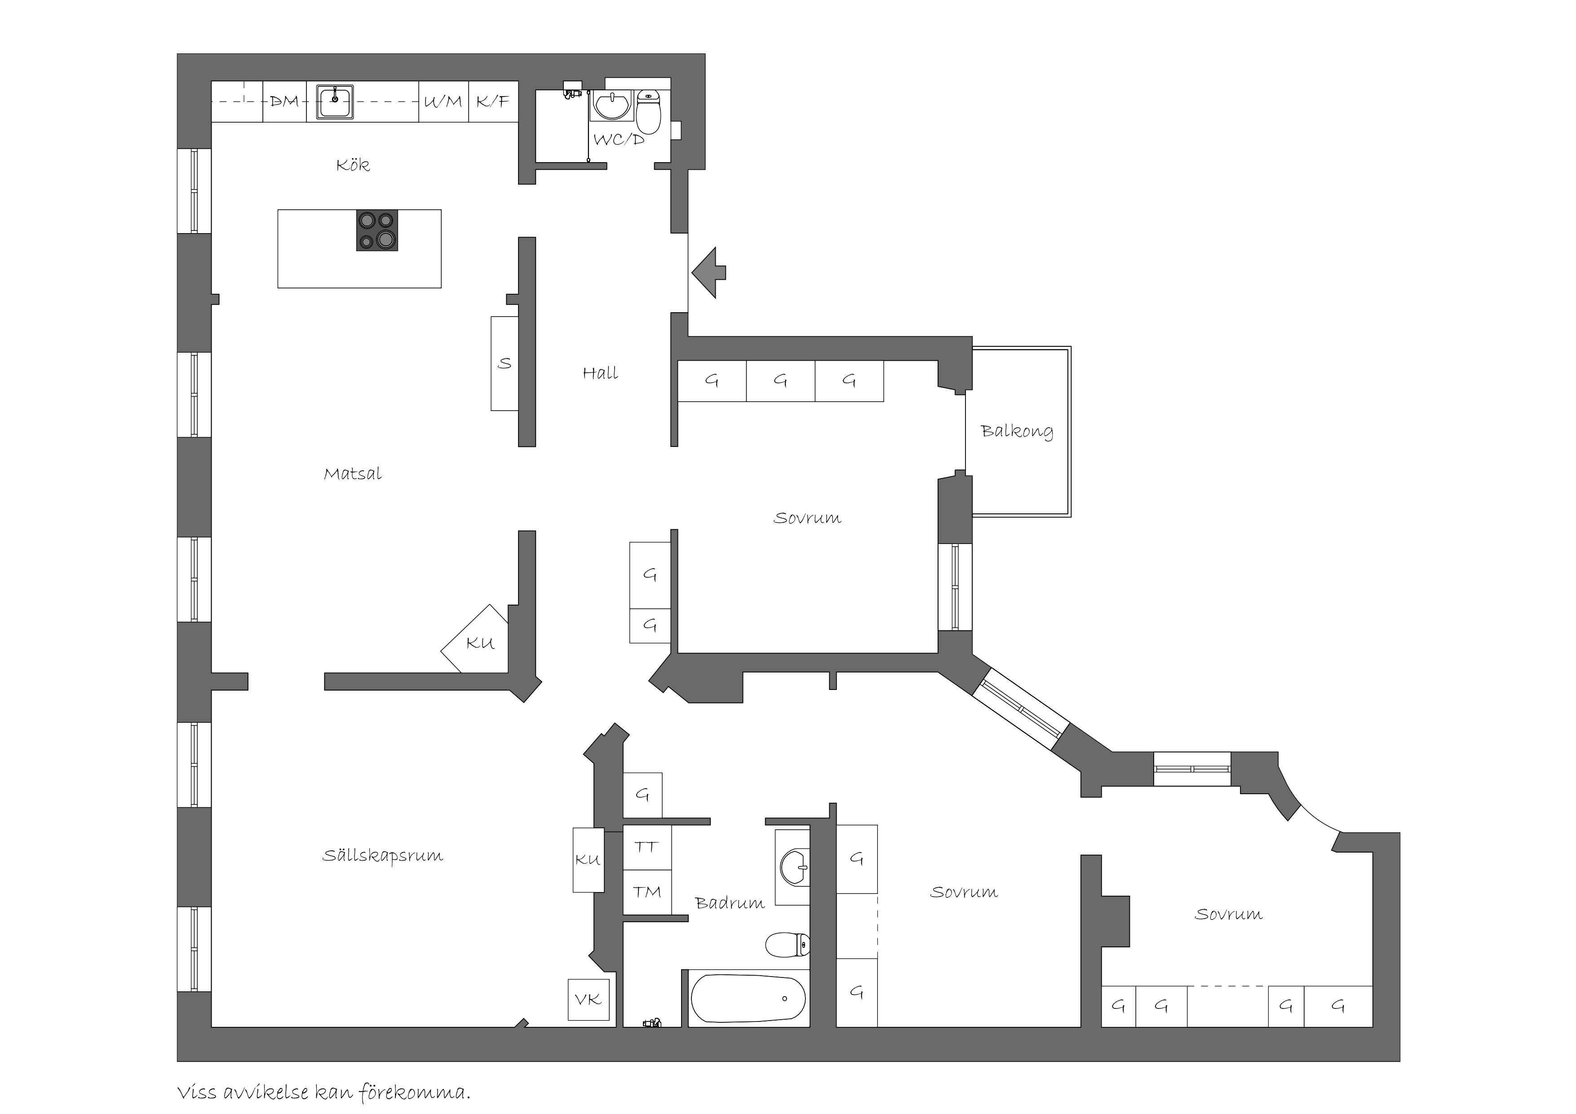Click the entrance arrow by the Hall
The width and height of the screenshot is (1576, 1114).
(x=708, y=273)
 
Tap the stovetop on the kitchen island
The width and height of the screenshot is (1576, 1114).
(x=377, y=230)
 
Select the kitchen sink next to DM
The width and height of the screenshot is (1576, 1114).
(x=335, y=102)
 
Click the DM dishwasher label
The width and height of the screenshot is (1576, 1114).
(x=284, y=102)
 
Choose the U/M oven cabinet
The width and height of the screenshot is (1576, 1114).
(x=443, y=102)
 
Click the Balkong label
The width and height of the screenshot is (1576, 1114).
(x=1017, y=432)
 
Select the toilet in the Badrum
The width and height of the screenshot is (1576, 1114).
(x=787, y=945)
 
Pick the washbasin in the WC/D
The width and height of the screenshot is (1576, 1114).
(x=611, y=106)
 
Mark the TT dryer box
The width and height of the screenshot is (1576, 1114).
(x=646, y=848)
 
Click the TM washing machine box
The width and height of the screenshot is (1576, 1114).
(x=646, y=892)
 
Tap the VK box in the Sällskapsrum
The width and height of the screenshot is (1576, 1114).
(x=588, y=999)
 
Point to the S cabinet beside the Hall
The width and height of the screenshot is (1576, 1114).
(x=505, y=364)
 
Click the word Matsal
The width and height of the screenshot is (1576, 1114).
(x=353, y=473)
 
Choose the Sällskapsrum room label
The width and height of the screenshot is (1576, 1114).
(x=383, y=856)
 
